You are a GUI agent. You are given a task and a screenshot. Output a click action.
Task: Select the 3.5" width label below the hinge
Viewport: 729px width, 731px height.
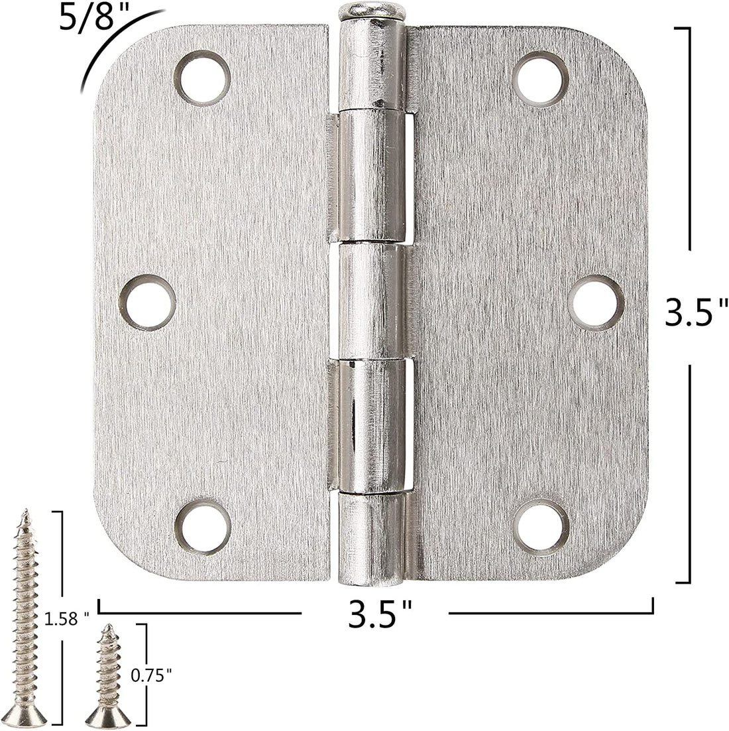click(x=380, y=614)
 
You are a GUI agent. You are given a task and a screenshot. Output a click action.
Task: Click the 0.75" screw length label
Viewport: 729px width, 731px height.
click(x=151, y=675)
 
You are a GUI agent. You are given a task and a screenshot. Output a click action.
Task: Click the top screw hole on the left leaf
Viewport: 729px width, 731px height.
click(x=202, y=78)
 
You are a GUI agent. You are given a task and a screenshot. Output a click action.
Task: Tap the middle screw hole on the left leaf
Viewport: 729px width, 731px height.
click(x=147, y=302)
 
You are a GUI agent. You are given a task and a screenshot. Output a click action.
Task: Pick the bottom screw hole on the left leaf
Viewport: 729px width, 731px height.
click(x=203, y=527)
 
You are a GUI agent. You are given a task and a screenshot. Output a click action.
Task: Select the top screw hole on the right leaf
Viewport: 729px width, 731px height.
click(x=540, y=79)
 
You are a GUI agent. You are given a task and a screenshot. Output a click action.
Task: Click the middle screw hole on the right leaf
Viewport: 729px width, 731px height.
click(x=596, y=303)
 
